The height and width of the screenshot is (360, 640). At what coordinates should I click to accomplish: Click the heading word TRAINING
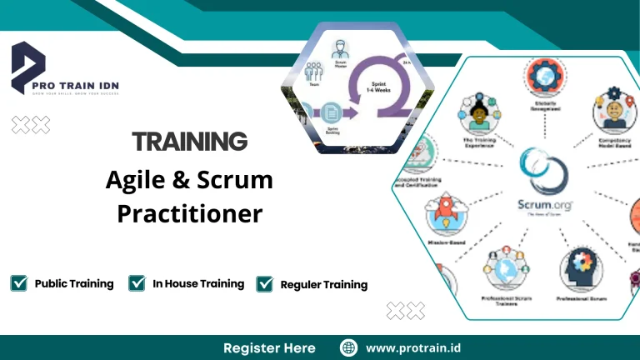coord(189,141)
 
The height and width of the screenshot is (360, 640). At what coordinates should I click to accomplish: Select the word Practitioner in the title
coord(189,213)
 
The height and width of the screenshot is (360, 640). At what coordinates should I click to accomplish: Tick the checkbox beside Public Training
coord(18,283)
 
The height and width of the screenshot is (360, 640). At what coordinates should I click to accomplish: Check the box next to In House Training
coord(137,283)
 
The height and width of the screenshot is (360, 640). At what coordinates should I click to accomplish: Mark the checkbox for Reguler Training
coord(265,284)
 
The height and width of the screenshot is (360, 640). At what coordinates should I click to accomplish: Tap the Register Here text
coord(269,347)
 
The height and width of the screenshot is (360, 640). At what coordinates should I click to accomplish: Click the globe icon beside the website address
coord(349,347)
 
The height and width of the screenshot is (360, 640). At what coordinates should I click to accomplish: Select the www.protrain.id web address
coord(413,347)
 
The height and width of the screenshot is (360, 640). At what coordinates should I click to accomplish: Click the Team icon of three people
coord(314,73)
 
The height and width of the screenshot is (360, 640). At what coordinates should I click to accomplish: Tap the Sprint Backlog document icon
coord(332,113)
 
